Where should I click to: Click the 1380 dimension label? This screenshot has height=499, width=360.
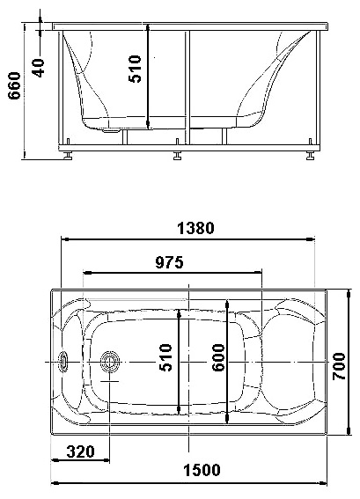pos(195,228)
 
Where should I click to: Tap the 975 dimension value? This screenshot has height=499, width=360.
pos(169,262)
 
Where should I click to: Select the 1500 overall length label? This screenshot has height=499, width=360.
pos(202,470)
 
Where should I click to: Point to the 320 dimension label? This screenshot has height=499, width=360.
pos(80,451)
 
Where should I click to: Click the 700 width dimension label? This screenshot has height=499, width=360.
pos(339,366)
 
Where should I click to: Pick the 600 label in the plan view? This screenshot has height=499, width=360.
pos(218,357)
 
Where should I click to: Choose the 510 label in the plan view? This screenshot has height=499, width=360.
pos(165,357)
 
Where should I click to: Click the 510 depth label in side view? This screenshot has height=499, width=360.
pos(135,69)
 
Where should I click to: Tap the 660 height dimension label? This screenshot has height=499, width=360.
pos(14,85)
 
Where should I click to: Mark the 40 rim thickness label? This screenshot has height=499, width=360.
pos(38,68)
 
